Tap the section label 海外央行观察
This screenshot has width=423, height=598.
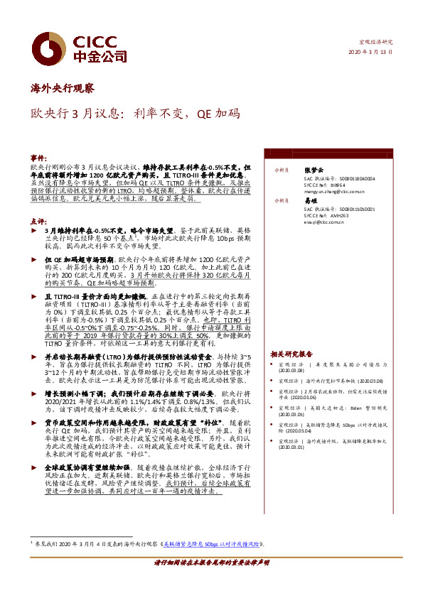(x=62, y=89)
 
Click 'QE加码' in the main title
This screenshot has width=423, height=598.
(x=220, y=114)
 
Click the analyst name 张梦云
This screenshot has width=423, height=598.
(x=313, y=170)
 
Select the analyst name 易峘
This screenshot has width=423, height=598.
(x=309, y=202)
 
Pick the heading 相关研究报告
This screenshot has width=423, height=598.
(x=291, y=354)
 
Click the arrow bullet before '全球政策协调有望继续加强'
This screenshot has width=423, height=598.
(x=34, y=467)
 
